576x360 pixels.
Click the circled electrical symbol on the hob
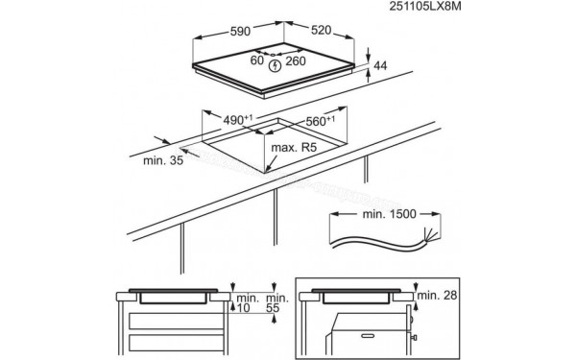point(276,66)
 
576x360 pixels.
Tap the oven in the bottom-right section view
point(370,331)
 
